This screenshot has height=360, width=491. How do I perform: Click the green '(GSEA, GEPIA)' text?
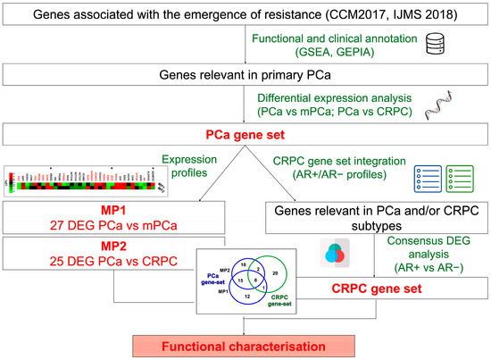367,53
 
